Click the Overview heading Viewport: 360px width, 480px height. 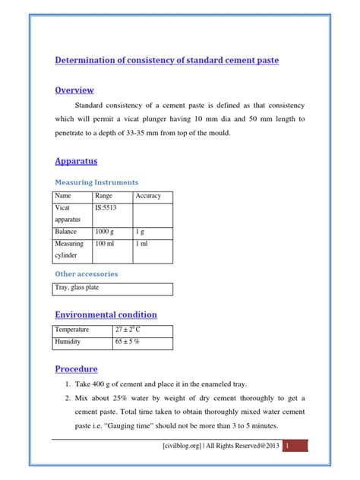click(x=74, y=90)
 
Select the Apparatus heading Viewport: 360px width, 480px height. click(x=76, y=161)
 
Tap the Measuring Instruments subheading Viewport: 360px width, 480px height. click(x=96, y=182)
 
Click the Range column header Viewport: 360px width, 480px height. click(x=103, y=196)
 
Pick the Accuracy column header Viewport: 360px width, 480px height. click(x=148, y=196)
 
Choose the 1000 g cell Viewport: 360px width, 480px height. click(x=106, y=231)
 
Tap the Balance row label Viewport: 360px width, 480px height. click(x=66, y=231)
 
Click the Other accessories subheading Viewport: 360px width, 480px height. click(x=87, y=273)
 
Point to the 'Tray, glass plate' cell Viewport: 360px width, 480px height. click(x=77, y=288)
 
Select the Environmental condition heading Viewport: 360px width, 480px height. click(x=106, y=314)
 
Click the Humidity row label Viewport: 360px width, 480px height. click(x=69, y=343)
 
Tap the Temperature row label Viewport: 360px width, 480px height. click(x=72, y=330)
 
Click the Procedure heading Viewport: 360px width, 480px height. click(x=77, y=369)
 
